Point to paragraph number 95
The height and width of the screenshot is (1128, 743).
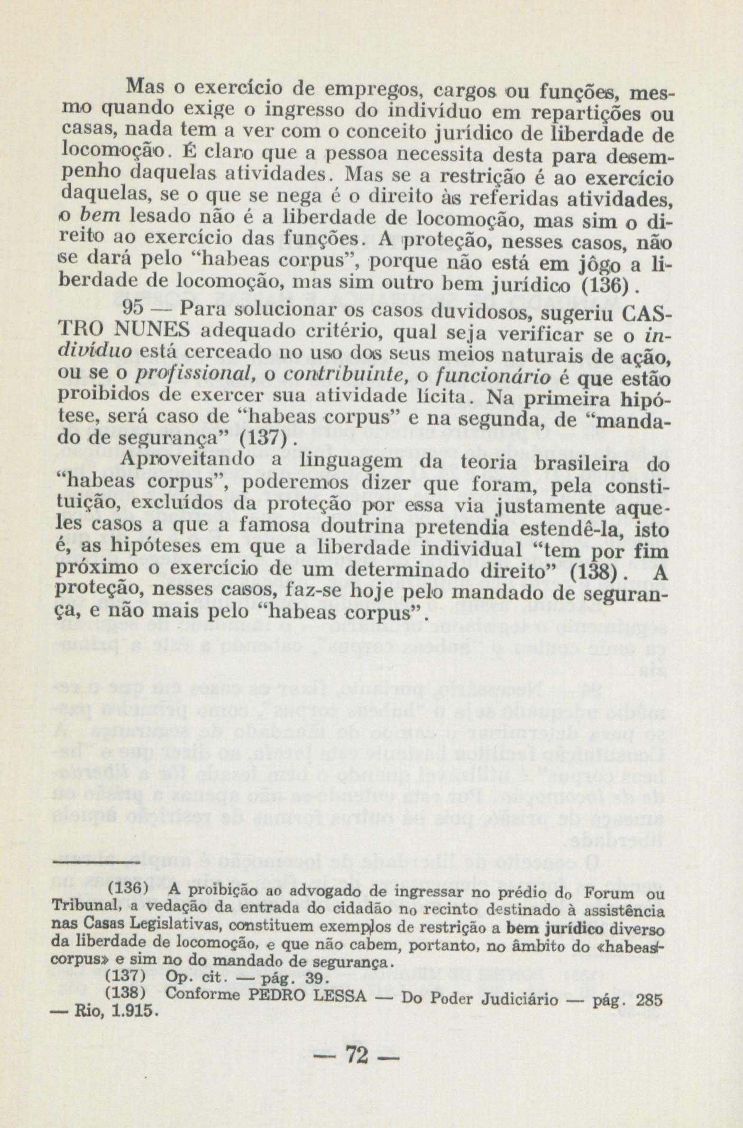coord(133,308)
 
